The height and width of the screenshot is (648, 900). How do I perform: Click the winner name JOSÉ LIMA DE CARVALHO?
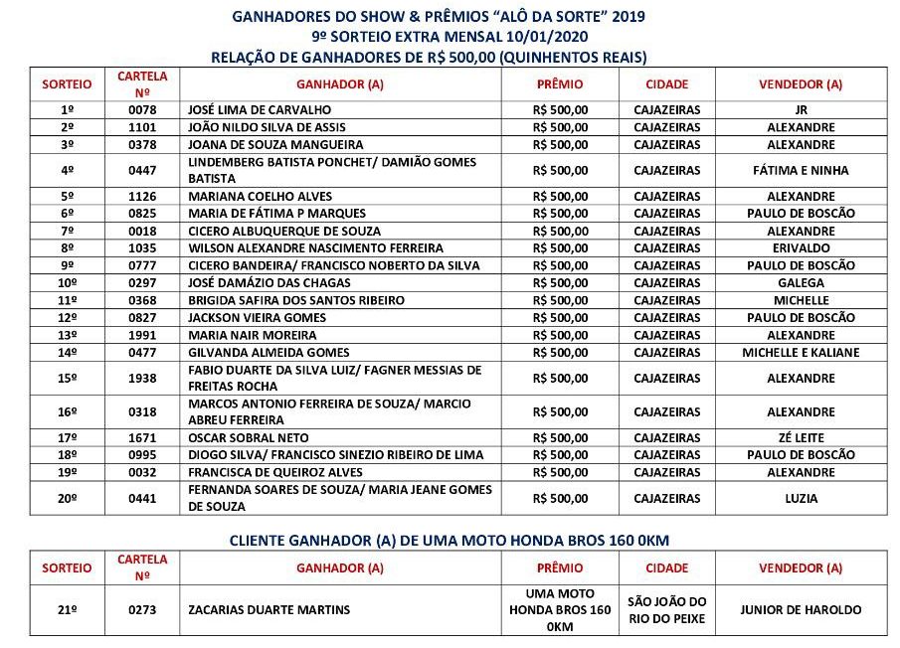(260, 110)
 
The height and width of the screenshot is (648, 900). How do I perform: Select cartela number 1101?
(142, 128)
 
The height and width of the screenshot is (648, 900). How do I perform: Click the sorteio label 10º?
(68, 283)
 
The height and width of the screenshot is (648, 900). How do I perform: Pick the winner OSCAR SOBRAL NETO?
(249, 438)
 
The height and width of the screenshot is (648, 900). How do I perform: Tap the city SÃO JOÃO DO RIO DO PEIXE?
(666, 610)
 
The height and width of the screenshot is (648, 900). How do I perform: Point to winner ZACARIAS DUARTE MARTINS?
(269, 610)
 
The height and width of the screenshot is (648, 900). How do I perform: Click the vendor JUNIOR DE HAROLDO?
(801, 610)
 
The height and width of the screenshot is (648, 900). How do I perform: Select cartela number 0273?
(142, 610)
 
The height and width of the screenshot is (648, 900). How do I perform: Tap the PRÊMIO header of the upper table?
(559, 84)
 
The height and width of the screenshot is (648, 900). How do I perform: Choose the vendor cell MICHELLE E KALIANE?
(801, 353)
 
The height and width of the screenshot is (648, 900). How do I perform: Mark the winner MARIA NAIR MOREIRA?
(252, 336)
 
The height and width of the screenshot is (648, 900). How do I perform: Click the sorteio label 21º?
(68, 610)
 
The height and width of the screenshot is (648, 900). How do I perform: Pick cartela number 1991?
(142, 336)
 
